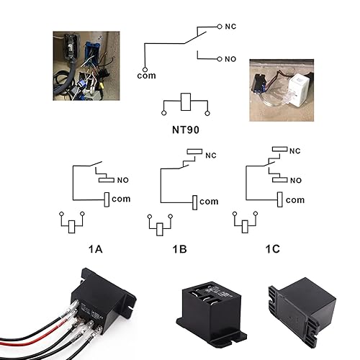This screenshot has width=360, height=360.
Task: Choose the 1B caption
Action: click(179, 250)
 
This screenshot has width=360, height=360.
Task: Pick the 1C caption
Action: click(271, 250)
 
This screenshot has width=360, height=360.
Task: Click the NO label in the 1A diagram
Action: click(124, 180)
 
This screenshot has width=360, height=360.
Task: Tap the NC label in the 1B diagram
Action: click(211, 156)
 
